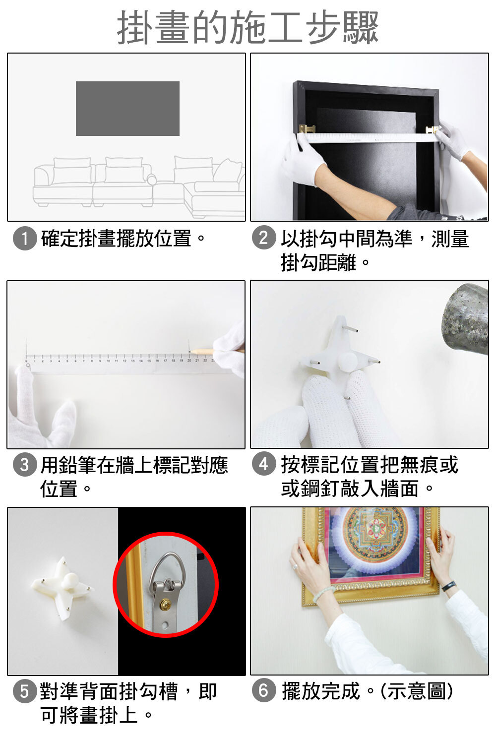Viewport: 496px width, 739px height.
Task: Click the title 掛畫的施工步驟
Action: tap(248, 27)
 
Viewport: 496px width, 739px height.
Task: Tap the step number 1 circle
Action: tap(25, 238)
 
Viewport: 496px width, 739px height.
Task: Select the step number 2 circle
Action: tap(264, 238)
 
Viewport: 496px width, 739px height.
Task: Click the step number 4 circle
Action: tap(264, 464)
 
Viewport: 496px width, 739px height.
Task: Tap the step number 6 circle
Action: tap(264, 690)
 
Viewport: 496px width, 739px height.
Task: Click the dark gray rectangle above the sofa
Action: tap(127, 109)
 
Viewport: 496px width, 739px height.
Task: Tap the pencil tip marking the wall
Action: tap(190, 352)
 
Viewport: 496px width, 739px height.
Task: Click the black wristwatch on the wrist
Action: tap(449, 586)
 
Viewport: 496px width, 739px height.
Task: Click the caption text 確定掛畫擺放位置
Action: tap(116, 239)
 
